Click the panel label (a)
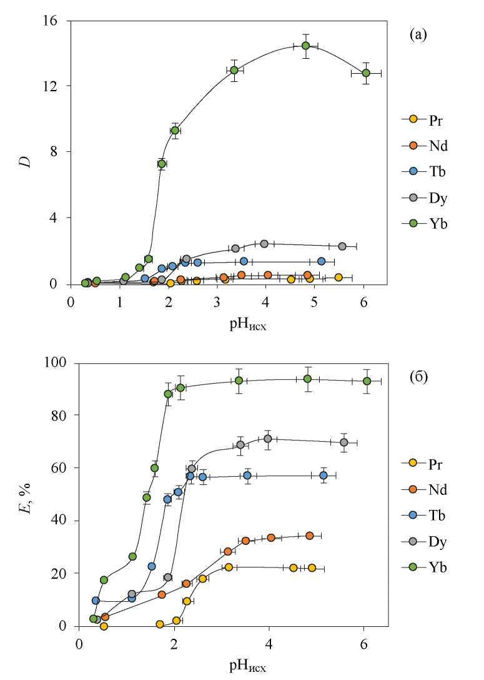[418, 35]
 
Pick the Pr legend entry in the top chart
[431, 119]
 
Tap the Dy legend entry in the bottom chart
[431, 541]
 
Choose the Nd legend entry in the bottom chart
[431, 489]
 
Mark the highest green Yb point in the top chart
[305, 46]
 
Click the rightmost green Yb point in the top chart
[366, 73]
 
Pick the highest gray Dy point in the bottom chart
[268, 439]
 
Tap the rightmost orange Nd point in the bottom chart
[309, 536]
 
